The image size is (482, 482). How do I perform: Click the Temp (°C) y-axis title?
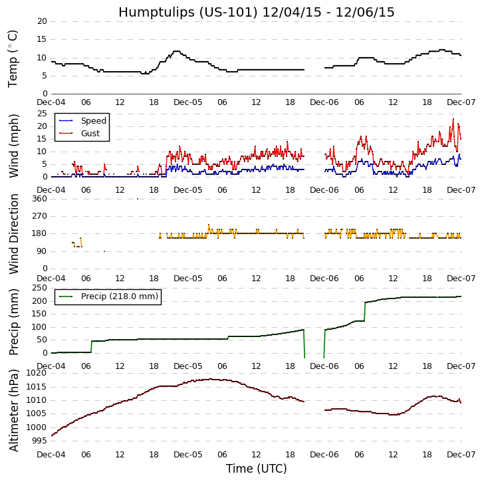pyautogui.click(x=13, y=59)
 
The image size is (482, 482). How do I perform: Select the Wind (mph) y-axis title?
pyautogui.click(x=14, y=145)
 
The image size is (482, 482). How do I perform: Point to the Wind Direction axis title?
pyautogui.click(x=14, y=234)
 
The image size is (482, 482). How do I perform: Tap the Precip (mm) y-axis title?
pyautogui.click(x=14, y=321)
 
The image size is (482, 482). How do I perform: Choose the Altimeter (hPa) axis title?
pyautogui.click(x=14, y=410)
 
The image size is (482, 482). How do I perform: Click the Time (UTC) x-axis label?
pyautogui.click(x=256, y=469)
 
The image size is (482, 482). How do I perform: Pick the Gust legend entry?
pyautogui.click(x=90, y=134)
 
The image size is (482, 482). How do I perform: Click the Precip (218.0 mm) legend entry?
pyautogui.click(x=119, y=297)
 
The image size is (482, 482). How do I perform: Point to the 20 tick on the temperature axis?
pyautogui.click(x=42, y=21)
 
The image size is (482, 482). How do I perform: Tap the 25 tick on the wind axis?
pyautogui.click(x=42, y=114)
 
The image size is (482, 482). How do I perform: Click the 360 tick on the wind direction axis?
pyautogui.click(x=39, y=199)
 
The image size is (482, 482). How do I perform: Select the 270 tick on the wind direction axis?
pyautogui.click(x=39, y=216)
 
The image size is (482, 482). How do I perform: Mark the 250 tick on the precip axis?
pyautogui.click(x=39, y=289)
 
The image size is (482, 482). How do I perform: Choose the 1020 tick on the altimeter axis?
pyautogui.click(x=37, y=373)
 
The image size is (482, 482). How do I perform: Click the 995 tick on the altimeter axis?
pyautogui.click(x=39, y=441)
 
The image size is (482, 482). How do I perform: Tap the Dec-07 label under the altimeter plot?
pyautogui.click(x=461, y=454)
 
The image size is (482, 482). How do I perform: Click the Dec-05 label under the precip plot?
pyautogui.click(x=188, y=366)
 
